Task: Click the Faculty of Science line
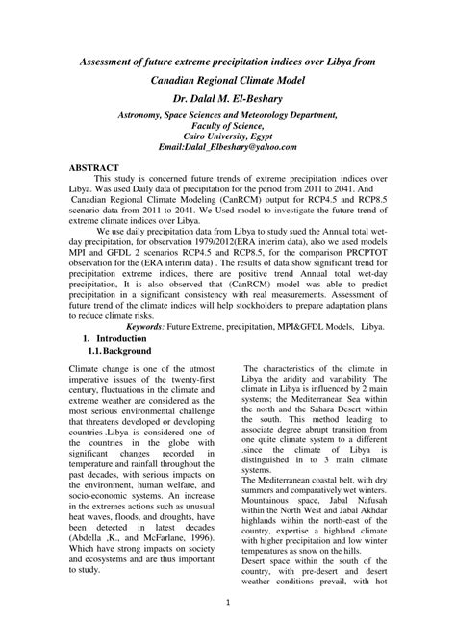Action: [x=228, y=126]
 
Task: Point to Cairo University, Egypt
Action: [x=228, y=137]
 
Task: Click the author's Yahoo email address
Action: [x=228, y=149]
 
